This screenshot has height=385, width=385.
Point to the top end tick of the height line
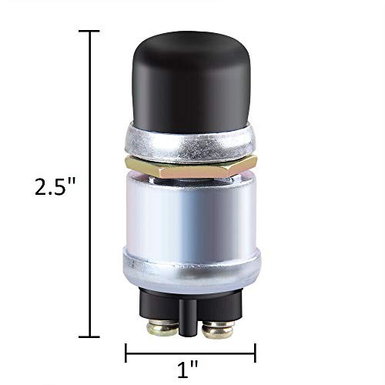[90, 32]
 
